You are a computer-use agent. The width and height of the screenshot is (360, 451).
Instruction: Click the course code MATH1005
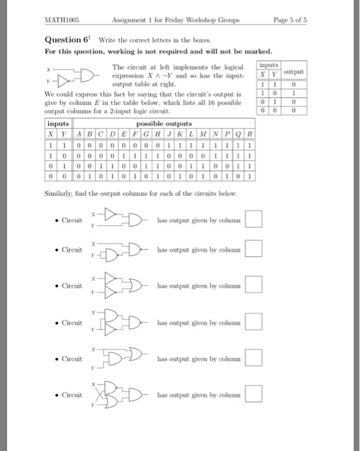pos(57,20)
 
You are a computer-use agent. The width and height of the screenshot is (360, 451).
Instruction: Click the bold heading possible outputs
pos(169,123)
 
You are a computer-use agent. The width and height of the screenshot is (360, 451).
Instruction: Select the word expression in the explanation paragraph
pos(128,76)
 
